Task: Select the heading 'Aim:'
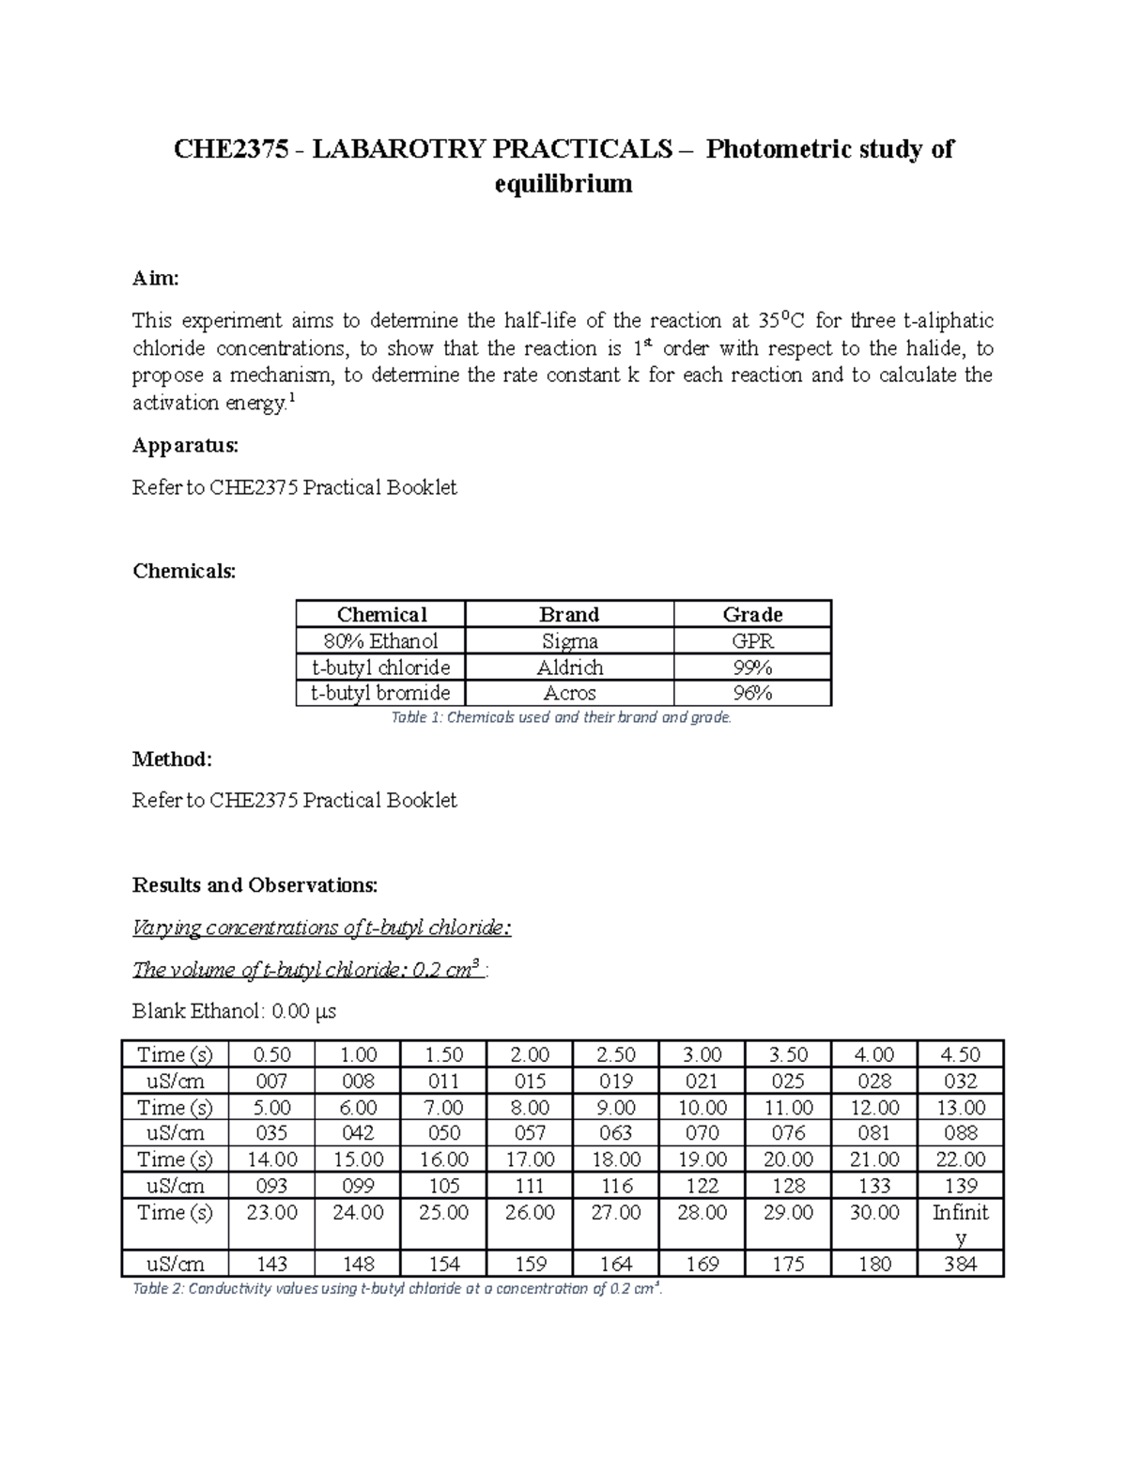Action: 155,279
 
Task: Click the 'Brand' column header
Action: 569,615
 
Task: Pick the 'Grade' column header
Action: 752,615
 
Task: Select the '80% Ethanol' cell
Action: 380,641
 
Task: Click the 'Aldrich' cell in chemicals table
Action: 569,668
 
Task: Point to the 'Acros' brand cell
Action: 569,693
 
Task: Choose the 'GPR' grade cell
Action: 752,641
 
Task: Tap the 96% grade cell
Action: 752,693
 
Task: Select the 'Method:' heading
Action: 172,759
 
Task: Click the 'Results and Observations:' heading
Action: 255,885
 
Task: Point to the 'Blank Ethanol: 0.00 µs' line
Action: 234,1012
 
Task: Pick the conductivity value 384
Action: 960,1265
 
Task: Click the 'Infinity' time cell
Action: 960,1224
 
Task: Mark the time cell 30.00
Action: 873,1213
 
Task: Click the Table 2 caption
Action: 397,1289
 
